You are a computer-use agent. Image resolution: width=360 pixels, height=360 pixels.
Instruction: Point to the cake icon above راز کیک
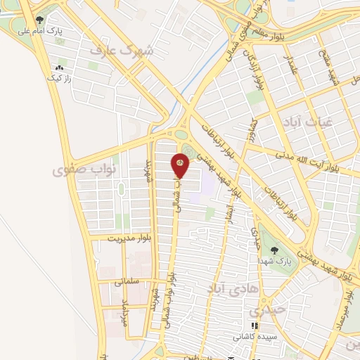pos(59,67)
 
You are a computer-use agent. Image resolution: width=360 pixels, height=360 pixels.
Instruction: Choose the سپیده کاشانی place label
pos(255,337)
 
